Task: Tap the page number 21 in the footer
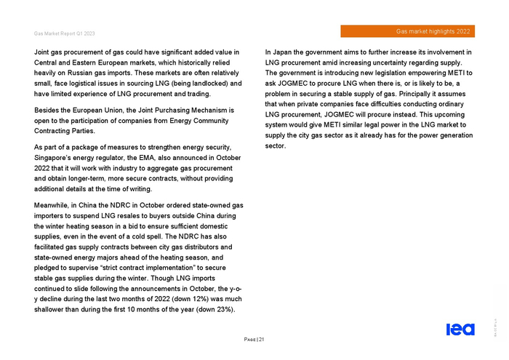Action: (260, 340)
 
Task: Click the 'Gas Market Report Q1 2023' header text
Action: (64, 33)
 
